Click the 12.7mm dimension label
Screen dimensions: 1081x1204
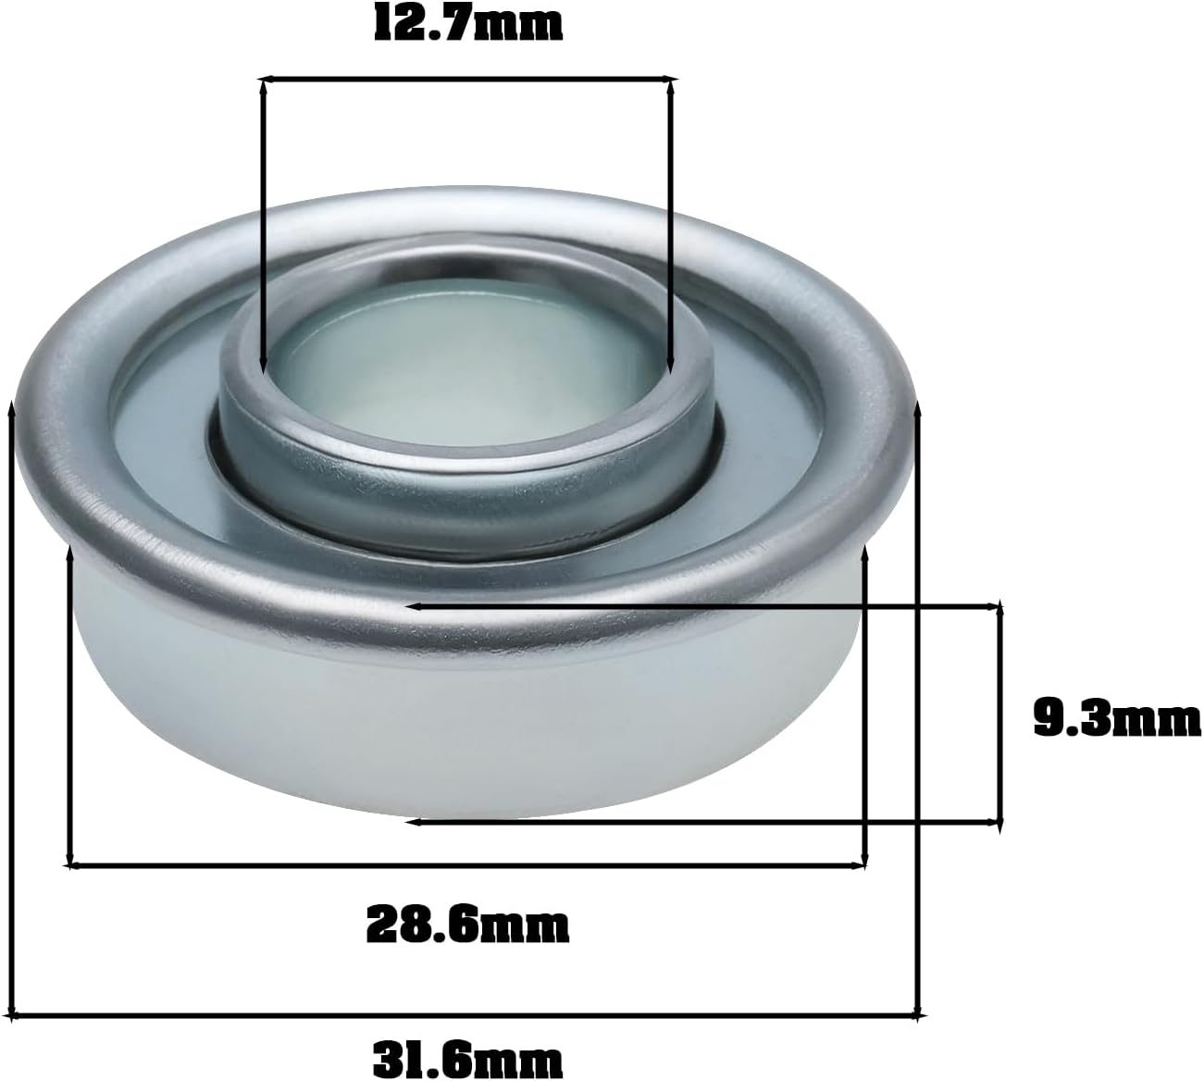pos(468,24)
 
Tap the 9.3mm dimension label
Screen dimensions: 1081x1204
pos(1116,719)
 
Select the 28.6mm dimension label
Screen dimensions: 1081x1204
pos(467,923)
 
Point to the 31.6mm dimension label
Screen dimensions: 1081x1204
pos(467,1055)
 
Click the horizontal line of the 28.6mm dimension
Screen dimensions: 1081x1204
pos(467,865)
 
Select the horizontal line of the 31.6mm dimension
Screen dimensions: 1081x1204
pos(467,1015)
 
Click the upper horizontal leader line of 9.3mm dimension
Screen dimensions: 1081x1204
pos(703,606)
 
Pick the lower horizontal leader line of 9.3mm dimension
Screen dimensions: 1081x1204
pos(703,821)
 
